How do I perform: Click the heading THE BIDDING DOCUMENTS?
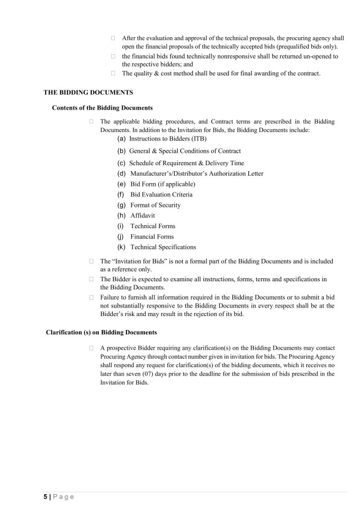88,92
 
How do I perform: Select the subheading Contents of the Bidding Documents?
102,108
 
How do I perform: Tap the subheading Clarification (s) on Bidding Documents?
101,332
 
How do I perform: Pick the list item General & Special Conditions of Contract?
185,151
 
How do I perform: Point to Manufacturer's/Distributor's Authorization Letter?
197,174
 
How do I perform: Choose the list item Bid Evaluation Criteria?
161,194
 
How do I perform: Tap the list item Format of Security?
155,205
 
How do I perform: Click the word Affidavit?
143,216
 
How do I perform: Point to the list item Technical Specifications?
163,247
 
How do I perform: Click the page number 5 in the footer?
45,497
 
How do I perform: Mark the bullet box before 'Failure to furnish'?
92,297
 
